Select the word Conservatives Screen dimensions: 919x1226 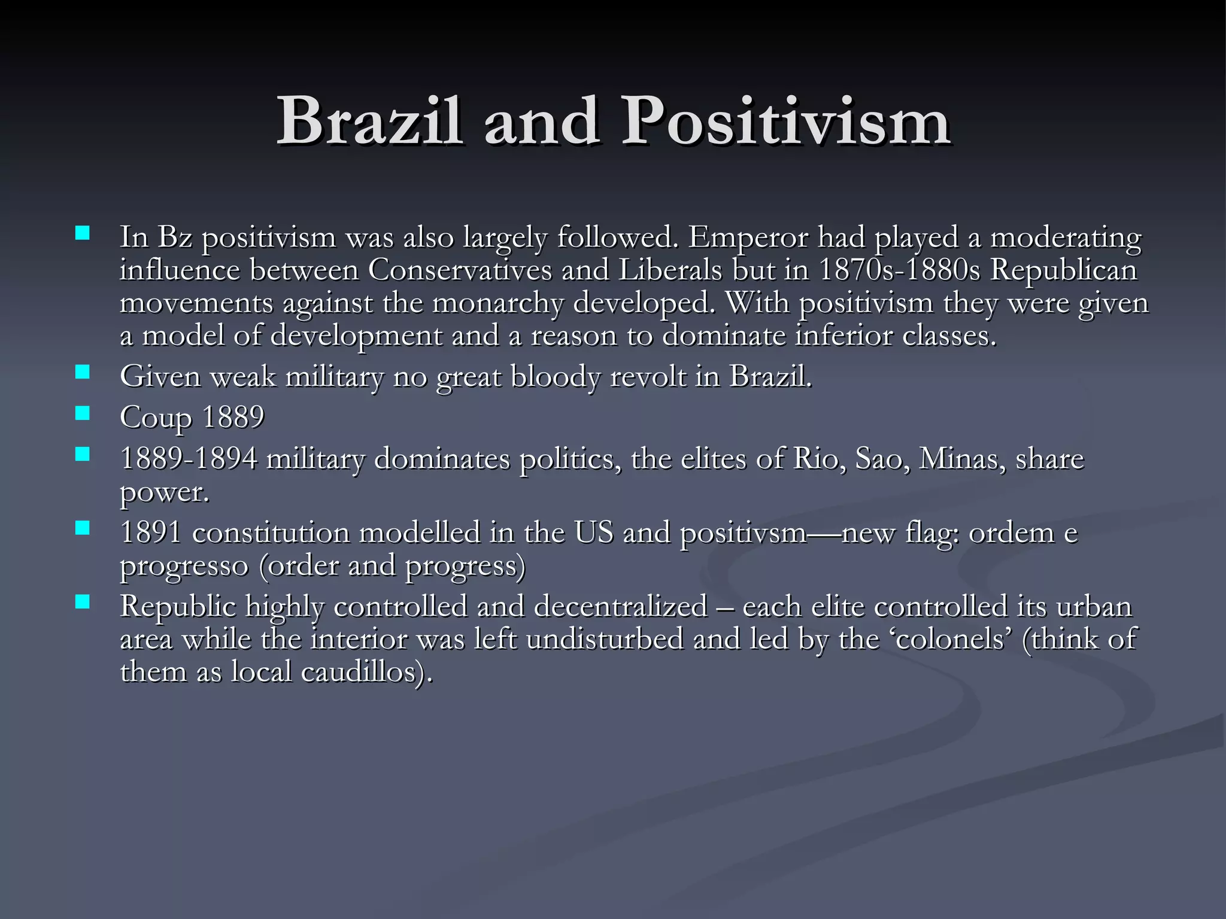tap(460, 270)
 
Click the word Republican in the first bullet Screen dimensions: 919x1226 tap(1063, 270)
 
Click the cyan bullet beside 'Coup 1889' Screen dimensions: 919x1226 tap(83, 412)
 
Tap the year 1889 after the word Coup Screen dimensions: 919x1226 tap(233, 417)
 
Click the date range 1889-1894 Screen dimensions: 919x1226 tap(189, 459)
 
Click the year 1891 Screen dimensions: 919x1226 tap(151, 532)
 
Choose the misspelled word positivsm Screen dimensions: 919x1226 tap(744, 532)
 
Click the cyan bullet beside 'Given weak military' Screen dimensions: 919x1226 tap(83, 372)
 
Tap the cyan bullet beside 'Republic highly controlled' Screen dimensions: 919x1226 tap(83, 601)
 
